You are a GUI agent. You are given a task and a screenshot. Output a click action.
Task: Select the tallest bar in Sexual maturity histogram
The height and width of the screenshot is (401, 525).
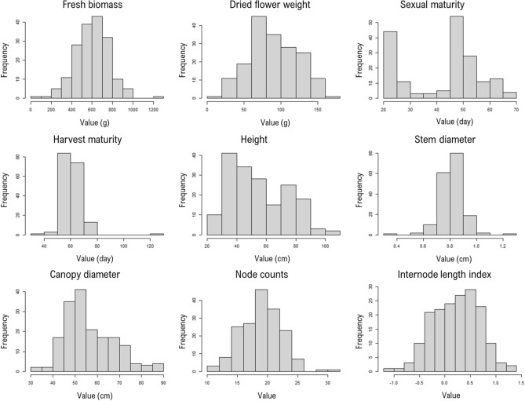point(434,59)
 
